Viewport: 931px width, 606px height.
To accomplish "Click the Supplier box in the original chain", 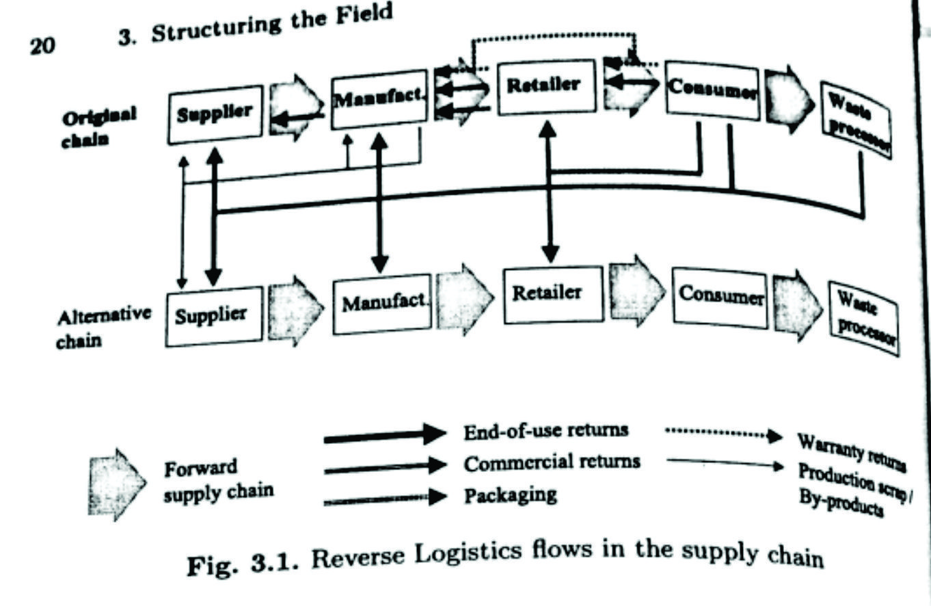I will tap(215, 114).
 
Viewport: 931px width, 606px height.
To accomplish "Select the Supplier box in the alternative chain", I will tap(213, 316).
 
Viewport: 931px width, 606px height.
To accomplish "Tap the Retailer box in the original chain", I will tap(544, 86).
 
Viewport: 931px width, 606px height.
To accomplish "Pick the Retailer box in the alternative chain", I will tap(553, 294).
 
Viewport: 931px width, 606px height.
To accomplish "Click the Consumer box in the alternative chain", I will tap(721, 298).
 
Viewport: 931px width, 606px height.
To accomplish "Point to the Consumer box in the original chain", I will tap(712, 90).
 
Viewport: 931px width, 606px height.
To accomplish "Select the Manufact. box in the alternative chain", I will tap(383, 304).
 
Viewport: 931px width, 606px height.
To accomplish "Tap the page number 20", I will tap(42, 46).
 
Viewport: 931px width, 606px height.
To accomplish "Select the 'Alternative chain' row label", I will tap(103, 328).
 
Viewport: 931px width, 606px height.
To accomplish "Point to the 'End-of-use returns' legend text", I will tap(545, 431).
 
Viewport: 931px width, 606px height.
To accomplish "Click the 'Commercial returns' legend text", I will tap(552, 462).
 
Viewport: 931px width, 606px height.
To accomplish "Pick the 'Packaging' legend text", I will tap(510, 495).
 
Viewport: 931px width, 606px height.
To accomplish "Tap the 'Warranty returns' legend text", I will tap(852, 452).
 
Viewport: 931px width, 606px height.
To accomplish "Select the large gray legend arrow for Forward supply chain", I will tap(116, 484).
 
